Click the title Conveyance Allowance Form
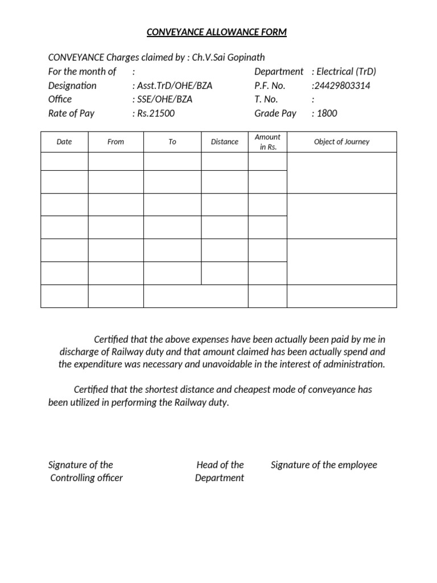point(217,32)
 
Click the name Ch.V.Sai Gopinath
point(229,58)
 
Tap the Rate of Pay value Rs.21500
point(155,113)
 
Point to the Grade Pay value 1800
point(327,113)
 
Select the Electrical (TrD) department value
point(346,72)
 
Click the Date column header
point(64,142)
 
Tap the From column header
point(116,142)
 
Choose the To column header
point(172,142)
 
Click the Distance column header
point(225,142)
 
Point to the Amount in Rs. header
point(267,142)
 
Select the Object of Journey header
point(341,142)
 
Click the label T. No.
point(266,99)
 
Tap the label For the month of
point(82,72)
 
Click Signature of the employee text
point(324,465)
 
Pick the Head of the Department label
point(220,471)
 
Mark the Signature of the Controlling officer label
point(85,471)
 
